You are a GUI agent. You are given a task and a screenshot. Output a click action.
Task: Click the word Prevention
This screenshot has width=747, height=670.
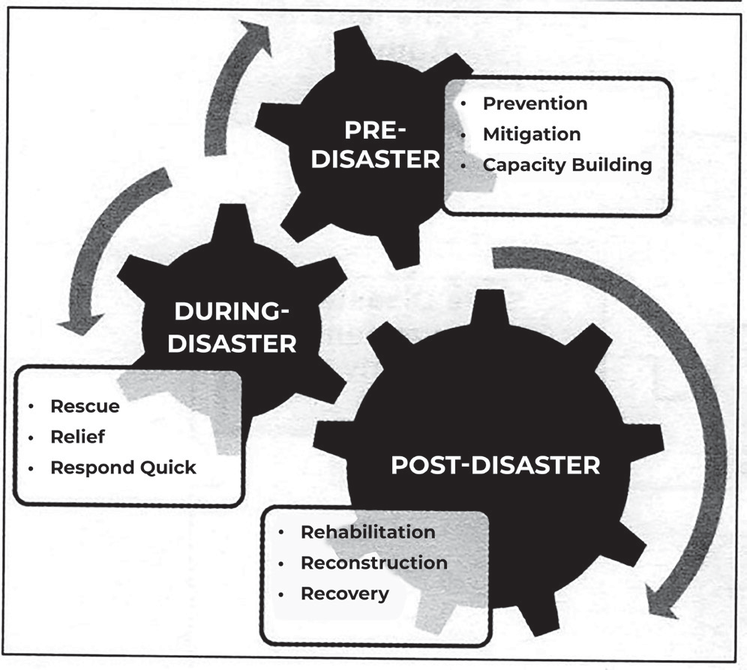[x=535, y=104]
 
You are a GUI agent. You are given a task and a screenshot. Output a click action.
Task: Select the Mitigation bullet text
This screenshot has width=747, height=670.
[x=532, y=134]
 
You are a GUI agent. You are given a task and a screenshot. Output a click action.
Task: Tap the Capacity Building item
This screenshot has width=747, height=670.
[x=568, y=165]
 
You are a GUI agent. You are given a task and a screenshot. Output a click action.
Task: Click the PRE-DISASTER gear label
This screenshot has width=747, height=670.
[x=376, y=144]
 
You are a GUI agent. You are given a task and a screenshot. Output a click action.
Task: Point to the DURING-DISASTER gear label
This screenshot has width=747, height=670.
[x=232, y=327]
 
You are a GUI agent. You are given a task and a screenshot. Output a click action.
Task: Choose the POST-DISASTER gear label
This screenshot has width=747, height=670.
[x=496, y=465]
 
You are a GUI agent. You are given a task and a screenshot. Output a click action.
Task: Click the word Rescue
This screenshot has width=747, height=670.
[x=85, y=406]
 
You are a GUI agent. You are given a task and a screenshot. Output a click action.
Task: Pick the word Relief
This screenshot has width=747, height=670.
[x=78, y=437]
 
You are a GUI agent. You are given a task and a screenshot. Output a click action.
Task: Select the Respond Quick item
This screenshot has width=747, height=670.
[x=124, y=467]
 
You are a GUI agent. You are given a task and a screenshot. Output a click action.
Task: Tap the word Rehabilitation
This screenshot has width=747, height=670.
[x=367, y=532]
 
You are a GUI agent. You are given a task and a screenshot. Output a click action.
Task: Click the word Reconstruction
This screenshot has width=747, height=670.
[x=374, y=563]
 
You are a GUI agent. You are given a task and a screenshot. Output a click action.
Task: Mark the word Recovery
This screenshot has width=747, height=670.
[x=345, y=593]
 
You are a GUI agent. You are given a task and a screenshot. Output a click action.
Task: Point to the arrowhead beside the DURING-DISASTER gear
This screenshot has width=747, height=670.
[x=80, y=324]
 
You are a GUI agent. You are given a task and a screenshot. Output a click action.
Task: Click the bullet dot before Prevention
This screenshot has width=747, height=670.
[x=463, y=104]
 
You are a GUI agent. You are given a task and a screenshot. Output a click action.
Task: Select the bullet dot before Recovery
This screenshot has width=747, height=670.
[x=281, y=594]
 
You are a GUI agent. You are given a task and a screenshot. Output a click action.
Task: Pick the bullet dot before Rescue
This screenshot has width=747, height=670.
[x=31, y=407]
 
